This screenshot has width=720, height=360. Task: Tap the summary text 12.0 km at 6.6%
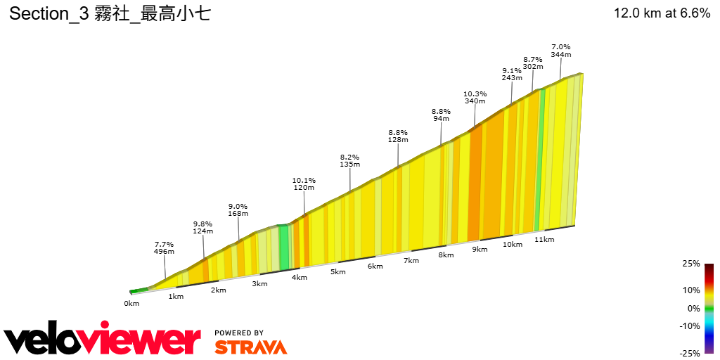point(662,13)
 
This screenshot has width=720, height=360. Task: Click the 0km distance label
point(131,303)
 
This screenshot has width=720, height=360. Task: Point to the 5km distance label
point(337,271)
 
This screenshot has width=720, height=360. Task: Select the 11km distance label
point(544,239)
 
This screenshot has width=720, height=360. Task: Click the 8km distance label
point(445,255)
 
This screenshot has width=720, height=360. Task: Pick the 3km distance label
point(259,283)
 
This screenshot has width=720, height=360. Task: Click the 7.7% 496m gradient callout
point(164,247)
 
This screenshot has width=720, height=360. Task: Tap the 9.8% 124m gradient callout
point(202,227)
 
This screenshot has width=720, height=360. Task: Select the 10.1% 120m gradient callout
point(304,184)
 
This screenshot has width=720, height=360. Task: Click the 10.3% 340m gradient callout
point(475,97)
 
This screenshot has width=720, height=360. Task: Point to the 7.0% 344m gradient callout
point(560,50)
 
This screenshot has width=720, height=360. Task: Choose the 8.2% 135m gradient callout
point(349,160)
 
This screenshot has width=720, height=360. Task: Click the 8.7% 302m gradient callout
point(533,63)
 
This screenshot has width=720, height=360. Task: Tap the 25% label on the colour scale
point(691,264)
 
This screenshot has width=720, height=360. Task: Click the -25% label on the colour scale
point(690,353)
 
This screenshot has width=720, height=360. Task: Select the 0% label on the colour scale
point(693,308)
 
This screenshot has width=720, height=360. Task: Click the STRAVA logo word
point(250,347)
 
